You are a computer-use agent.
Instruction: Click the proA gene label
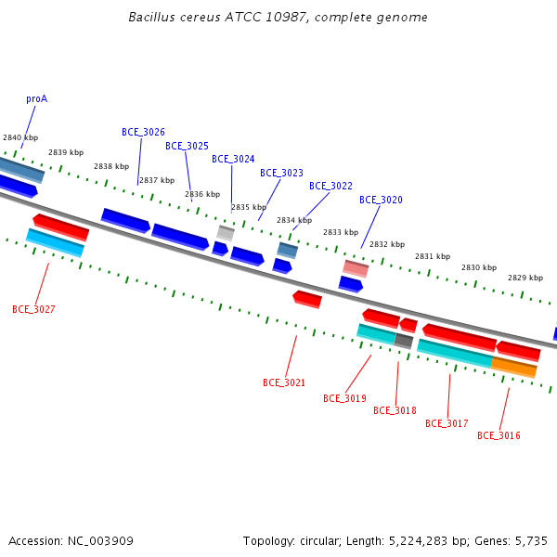(x=36, y=98)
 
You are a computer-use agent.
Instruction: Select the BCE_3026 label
(x=143, y=132)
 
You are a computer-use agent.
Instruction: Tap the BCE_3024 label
(x=233, y=159)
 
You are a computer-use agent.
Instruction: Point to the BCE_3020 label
(x=381, y=200)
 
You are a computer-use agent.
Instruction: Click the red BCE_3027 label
(x=33, y=309)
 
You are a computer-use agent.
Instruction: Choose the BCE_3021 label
(x=284, y=382)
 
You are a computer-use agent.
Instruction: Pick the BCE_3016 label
(x=499, y=435)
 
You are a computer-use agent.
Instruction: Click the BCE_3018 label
(x=395, y=410)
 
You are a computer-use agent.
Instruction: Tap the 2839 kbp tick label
(x=66, y=152)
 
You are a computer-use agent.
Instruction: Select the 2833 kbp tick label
(x=341, y=232)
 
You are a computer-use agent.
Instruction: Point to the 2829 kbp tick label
(x=525, y=278)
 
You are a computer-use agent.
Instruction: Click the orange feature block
(x=513, y=368)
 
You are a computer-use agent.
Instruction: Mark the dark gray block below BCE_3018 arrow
(x=404, y=341)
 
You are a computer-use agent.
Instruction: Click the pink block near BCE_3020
(x=356, y=268)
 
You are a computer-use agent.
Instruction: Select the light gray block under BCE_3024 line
(x=226, y=233)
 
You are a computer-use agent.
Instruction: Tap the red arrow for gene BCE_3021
(x=307, y=300)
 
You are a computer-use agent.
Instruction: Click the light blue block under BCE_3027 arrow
(x=55, y=242)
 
